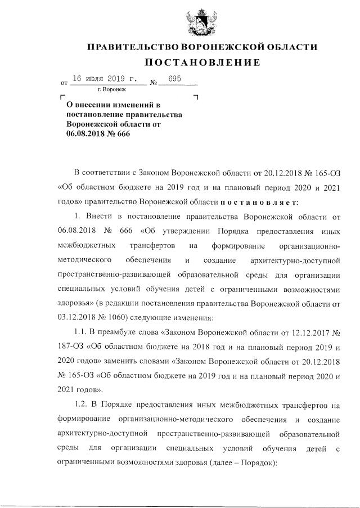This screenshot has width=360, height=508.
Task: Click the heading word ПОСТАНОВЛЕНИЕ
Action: [x=200, y=62]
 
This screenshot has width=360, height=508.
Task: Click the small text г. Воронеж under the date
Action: [x=112, y=89]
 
